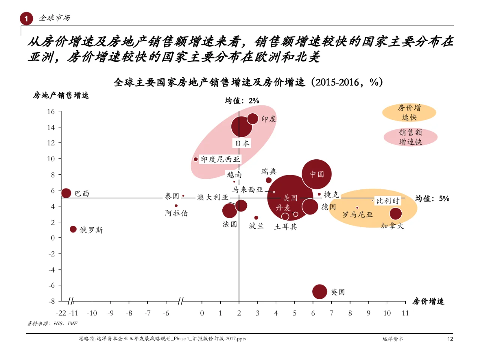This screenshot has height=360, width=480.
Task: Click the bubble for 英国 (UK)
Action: [319, 292]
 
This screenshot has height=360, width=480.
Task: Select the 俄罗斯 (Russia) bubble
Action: [73, 229]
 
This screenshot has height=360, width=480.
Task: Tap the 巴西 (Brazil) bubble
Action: [66, 193]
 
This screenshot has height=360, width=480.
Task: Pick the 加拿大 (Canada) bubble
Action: [396, 214]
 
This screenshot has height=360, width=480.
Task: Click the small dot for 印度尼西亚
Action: [196, 159]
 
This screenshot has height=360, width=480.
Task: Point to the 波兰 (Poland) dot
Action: [256, 217]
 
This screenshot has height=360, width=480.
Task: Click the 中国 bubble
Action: [316, 174]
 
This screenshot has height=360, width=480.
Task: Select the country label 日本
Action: [242, 143]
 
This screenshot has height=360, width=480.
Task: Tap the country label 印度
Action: [269, 119]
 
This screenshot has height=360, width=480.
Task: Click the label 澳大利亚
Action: [213, 197]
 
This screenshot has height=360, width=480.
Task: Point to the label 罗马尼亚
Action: [358, 214]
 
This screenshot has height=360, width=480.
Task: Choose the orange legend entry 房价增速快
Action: [409, 112]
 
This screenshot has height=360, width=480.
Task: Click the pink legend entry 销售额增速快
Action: [410, 137]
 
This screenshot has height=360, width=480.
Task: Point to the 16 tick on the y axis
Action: [51, 111]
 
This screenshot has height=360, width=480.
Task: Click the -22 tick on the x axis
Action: [61, 313]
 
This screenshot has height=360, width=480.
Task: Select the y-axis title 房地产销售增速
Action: [61, 95]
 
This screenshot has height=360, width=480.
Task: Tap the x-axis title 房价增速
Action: [428, 301]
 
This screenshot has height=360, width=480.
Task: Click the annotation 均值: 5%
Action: [432, 198]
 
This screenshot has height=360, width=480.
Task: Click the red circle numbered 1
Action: [26, 18]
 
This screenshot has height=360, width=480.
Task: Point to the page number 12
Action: [450, 339]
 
